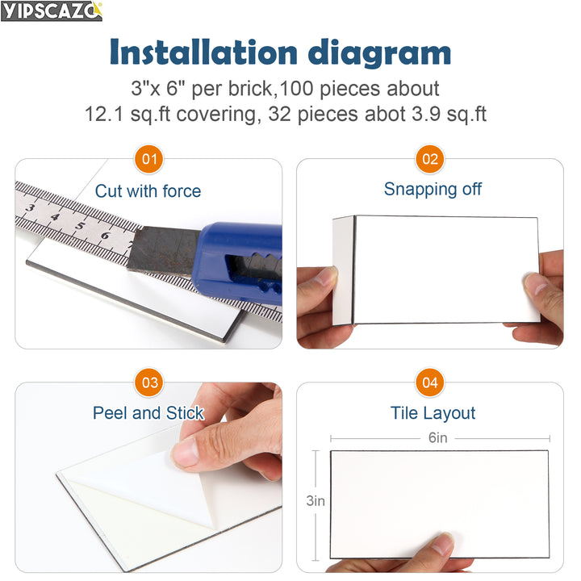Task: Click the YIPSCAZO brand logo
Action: (52, 11)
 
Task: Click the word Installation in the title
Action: (203, 52)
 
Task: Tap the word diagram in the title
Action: (379, 54)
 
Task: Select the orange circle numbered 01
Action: (149, 159)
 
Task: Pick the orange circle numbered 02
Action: (430, 159)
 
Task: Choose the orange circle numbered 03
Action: (149, 382)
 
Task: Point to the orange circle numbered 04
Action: (430, 382)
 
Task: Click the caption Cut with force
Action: (148, 191)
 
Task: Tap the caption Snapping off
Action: (433, 190)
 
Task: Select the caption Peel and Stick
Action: (148, 413)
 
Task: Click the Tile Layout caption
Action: (433, 413)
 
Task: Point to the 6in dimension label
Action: (437, 438)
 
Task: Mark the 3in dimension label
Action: (316, 501)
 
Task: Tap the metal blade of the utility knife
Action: (163, 250)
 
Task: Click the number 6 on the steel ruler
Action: (105, 236)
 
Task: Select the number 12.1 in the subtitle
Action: (104, 114)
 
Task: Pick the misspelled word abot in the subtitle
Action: (385, 114)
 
